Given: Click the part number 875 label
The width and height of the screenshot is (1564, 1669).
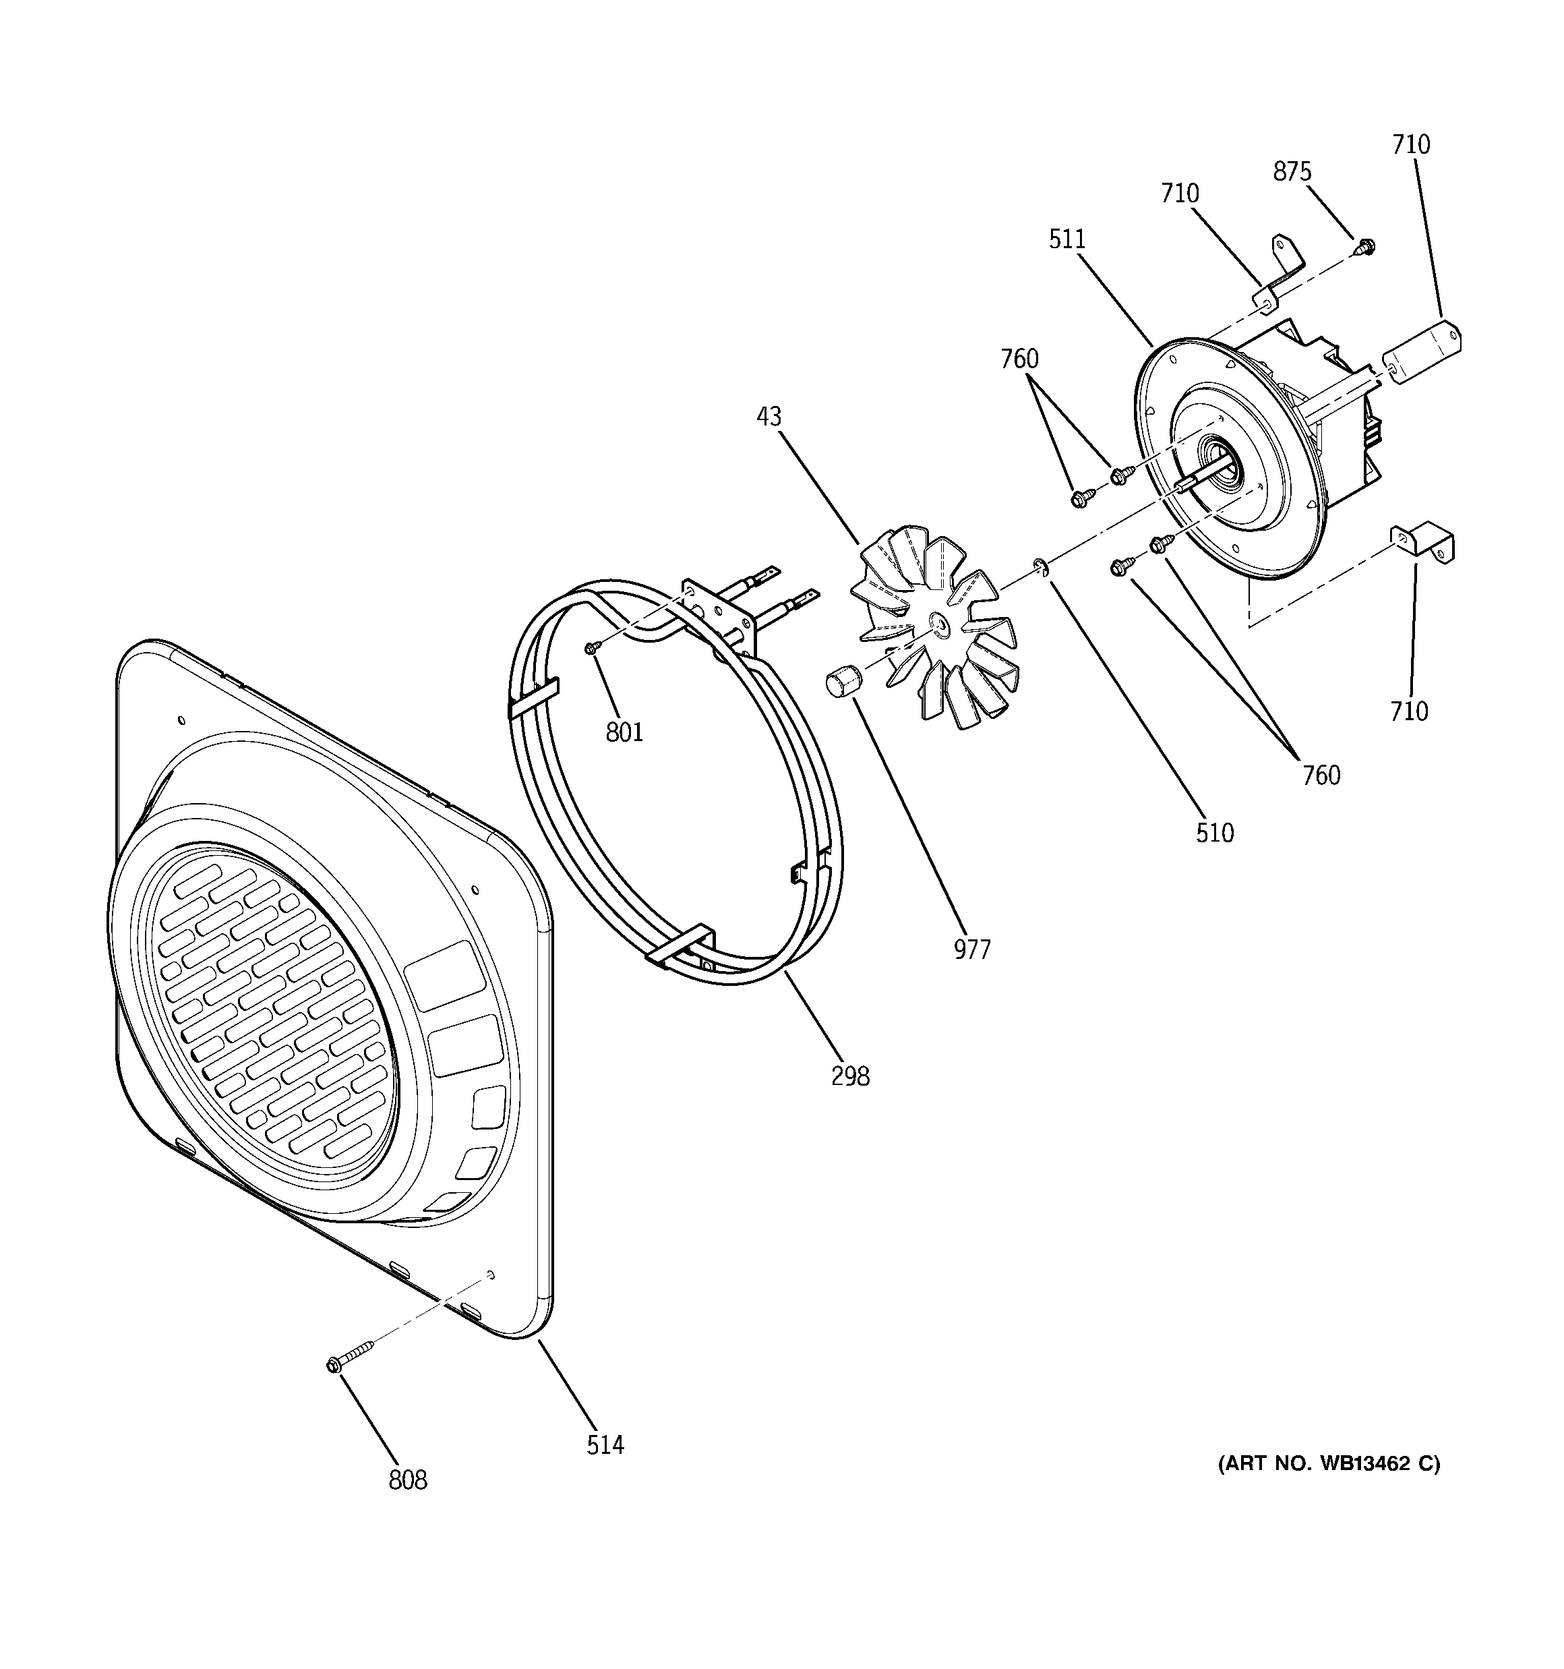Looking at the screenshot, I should point(1291,171).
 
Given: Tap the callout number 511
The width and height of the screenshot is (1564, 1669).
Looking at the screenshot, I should point(1067,239).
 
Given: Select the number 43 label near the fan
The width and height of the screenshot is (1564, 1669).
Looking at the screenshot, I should point(769,417).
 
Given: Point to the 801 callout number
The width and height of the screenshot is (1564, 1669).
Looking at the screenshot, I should point(625,733).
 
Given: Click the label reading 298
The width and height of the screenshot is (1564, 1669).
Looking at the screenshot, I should point(849,1076).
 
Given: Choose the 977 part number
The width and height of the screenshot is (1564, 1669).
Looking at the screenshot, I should point(972,949).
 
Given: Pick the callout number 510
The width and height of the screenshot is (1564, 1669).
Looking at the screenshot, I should point(1215,833).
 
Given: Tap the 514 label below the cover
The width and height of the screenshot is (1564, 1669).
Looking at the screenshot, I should point(605,1445).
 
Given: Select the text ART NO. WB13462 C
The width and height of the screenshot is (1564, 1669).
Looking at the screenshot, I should point(1329,1464).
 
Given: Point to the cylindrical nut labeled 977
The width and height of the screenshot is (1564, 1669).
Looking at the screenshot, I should point(841,678).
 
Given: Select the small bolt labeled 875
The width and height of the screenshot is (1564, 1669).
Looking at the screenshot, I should point(1365,247).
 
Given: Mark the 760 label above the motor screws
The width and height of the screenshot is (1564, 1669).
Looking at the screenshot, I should point(1019,359).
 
